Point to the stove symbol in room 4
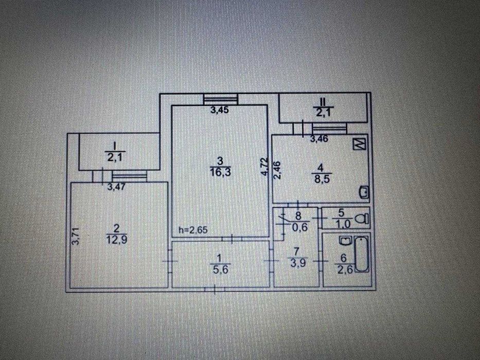(359, 144)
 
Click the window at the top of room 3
(221, 99)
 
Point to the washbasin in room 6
(344, 240)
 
